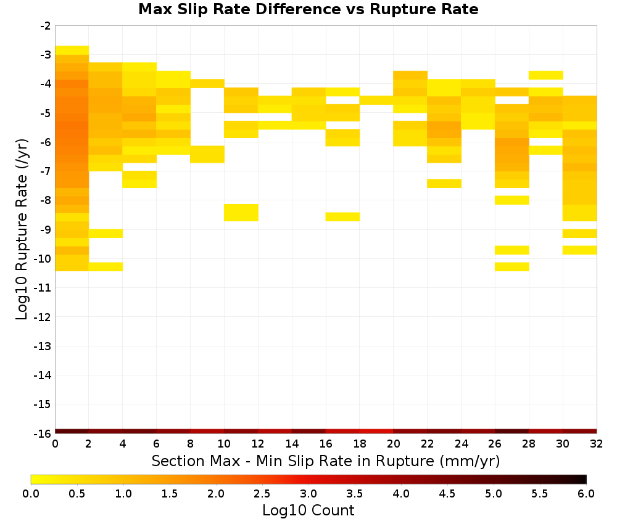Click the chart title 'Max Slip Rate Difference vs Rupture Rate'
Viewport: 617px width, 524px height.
[308, 9]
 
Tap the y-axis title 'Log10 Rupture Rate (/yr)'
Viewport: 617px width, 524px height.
[22, 229]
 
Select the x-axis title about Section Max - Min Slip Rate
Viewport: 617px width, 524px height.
[325, 461]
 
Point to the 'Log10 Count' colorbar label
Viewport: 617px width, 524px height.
[308, 510]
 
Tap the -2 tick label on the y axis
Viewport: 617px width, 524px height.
[45, 26]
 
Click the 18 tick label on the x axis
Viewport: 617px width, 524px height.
[360, 444]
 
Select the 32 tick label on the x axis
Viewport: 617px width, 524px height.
[597, 444]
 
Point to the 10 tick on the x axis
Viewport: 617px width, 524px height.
[224, 444]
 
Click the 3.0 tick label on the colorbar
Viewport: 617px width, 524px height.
[308, 494]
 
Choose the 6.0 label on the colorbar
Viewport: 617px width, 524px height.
[586, 494]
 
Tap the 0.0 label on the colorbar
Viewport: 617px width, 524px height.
[31, 494]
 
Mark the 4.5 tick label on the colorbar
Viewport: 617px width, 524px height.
[447, 494]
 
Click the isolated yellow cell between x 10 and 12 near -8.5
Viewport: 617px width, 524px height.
[241, 213]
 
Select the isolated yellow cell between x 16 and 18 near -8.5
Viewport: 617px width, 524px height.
[342, 217]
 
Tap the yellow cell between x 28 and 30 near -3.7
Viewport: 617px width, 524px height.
[546, 75]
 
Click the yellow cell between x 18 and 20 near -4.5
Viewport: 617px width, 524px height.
[376, 100]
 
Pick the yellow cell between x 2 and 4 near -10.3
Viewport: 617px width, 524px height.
[106, 267]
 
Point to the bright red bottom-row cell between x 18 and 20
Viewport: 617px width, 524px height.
[376, 432]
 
